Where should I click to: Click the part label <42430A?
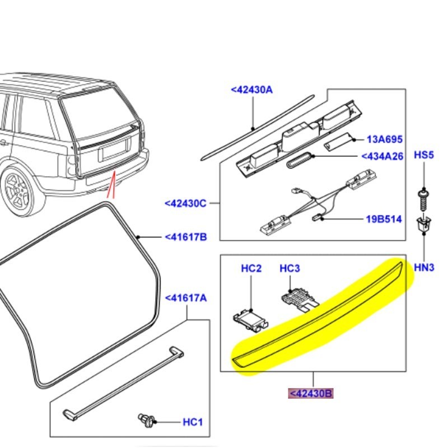coord(251,89)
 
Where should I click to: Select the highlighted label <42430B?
coord(311,394)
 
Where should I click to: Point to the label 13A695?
coord(385,139)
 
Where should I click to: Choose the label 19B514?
coord(384,220)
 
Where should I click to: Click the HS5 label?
coord(424,155)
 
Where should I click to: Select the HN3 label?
coord(424,268)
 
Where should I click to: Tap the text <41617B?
coord(186,237)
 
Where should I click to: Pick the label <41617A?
coord(185,298)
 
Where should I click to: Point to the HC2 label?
coord(251,269)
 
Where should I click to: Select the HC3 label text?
coord(290,269)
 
